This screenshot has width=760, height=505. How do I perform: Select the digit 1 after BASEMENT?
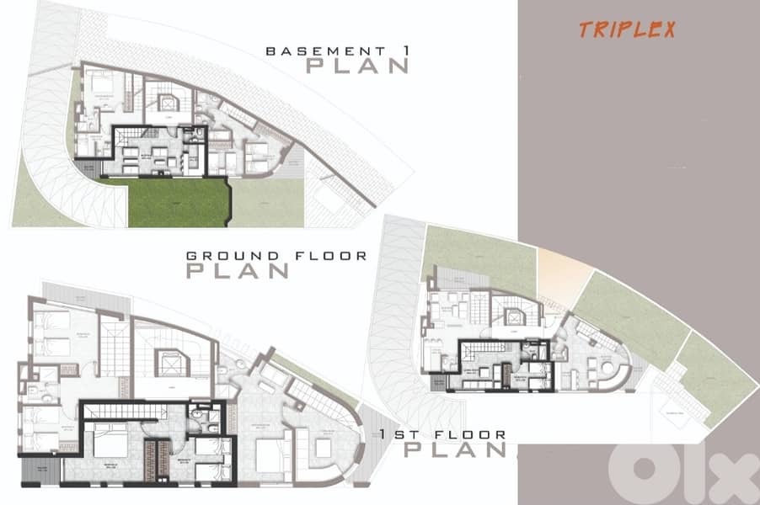coord(404,51)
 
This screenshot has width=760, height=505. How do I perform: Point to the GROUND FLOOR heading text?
coord(276,255)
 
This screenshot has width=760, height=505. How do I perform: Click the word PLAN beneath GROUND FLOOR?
coord(237,271)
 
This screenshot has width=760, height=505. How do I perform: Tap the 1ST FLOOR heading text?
coord(442,434)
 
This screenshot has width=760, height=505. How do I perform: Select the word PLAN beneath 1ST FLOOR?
coord(455,449)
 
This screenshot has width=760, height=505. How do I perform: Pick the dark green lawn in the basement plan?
coord(179,203)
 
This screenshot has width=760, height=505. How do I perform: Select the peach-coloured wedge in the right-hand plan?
coord(563,274)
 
